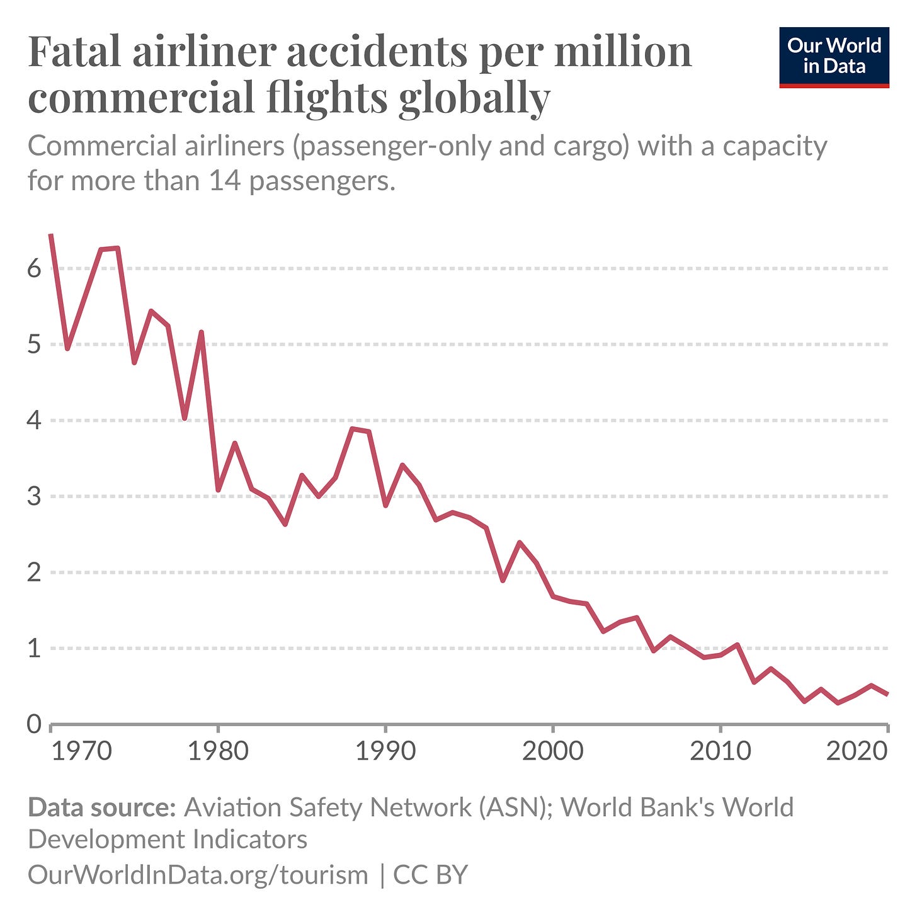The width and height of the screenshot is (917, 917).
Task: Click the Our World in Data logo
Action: [x=834, y=57]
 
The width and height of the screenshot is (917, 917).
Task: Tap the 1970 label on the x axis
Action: [x=81, y=751]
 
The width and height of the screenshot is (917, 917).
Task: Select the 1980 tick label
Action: [x=218, y=751]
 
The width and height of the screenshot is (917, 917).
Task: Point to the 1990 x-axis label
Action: [x=385, y=751]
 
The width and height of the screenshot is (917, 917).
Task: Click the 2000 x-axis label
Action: [x=552, y=751]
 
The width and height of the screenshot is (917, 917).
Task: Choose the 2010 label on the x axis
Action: [x=720, y=751]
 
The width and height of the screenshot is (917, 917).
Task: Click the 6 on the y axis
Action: [x=34, y=269]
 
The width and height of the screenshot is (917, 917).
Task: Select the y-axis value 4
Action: [x=34, y=421]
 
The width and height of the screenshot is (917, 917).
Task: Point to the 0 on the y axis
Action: [x=34, y=724]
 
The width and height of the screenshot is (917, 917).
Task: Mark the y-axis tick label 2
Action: [x=34, y=572]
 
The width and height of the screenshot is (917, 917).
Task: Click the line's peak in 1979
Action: [x=201, y=332]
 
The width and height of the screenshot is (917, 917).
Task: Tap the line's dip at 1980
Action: [x=218, y=490]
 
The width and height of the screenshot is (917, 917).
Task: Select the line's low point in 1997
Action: [x=503, y=580]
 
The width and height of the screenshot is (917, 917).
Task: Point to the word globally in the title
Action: [x=474, y=98]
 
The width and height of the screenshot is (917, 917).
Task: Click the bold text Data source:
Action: [x=101, y=807]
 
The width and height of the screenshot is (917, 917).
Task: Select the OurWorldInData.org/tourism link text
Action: [x=198, y=875]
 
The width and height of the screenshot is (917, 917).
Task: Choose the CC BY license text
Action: [x=430, y=875]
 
